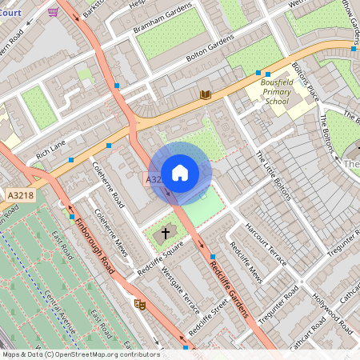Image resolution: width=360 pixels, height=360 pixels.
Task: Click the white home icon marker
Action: (180, 172)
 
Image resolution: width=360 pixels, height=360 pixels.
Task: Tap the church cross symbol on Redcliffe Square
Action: (166, 234)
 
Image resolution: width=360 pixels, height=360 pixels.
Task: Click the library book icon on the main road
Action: (206, 95)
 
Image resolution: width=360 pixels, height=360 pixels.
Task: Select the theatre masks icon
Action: (139, 304)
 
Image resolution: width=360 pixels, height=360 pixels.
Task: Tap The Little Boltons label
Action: (274, 176)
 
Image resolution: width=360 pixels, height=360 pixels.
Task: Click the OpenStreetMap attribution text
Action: (80, 354)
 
